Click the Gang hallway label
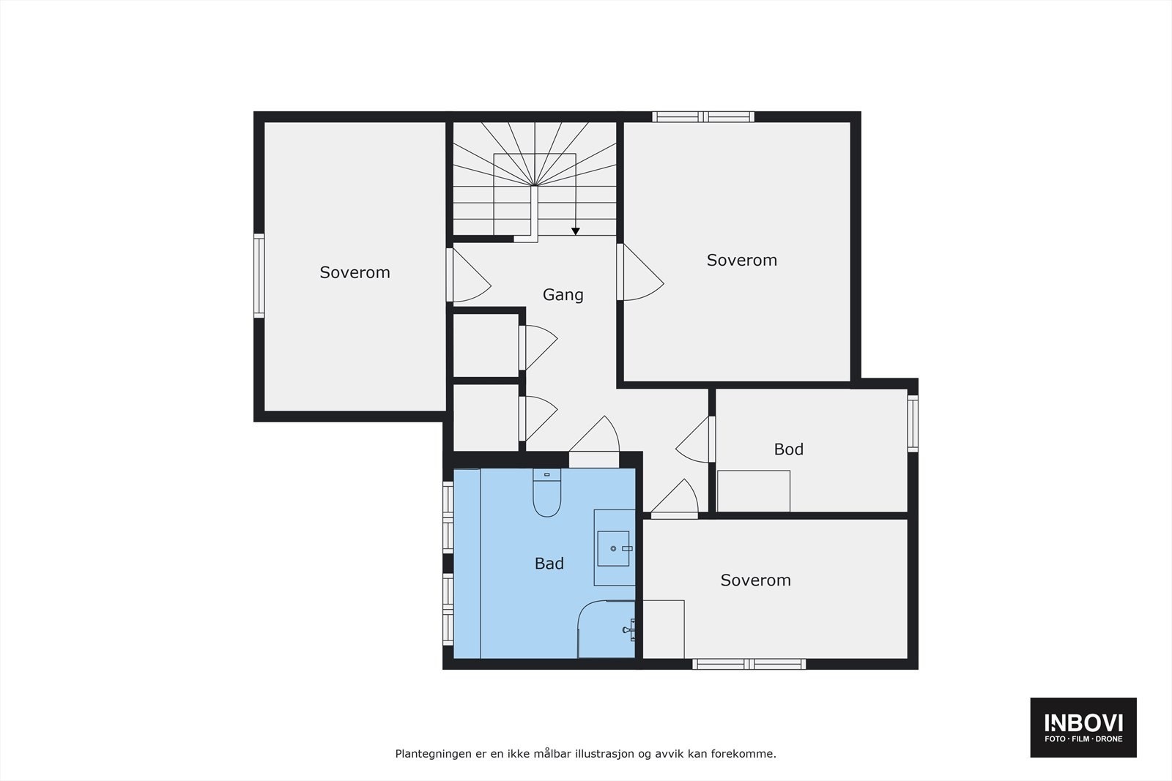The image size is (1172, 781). [563, 295]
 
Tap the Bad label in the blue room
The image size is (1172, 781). [549, 564]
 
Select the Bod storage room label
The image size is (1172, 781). [788, 449]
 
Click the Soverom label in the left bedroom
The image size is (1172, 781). [355, 272]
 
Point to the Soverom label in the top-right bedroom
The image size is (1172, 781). [741, 260]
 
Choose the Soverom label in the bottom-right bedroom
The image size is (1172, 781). [755, 580]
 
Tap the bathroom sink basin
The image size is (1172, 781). [613, 548]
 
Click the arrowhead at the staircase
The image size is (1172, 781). [576, 231]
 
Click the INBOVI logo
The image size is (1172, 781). [1083, 727]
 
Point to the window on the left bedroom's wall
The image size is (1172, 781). [259, 275]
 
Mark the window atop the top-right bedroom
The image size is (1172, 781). [703, 116]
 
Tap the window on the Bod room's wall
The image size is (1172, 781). [913, 423]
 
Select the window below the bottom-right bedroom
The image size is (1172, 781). [749, 665]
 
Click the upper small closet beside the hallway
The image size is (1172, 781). [486, 345]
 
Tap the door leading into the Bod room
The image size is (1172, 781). [694, 440]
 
